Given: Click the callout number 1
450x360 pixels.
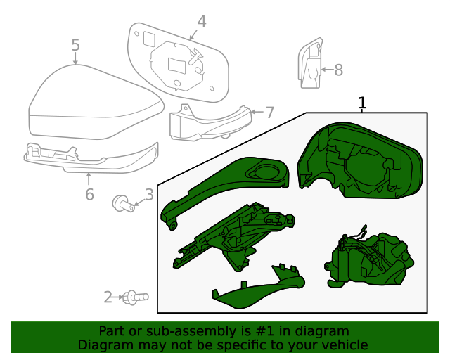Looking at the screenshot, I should (362, 103).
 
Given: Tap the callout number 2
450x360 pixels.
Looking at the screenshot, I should (108, 297).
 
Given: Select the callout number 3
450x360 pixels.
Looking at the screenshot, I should (149, 194).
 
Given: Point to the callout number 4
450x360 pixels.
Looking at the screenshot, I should (202, 21).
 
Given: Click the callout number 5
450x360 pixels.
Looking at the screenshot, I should (75, 46).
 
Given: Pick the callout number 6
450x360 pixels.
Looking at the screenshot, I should (89, 194).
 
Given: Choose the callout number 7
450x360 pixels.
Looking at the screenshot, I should (269, 112).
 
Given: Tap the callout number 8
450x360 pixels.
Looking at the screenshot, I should (338, 70).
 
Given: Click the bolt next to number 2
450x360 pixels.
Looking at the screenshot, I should (134, 297).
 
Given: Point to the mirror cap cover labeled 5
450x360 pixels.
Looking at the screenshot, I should (91, 105).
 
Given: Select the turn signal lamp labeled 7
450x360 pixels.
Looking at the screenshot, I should (207, 124).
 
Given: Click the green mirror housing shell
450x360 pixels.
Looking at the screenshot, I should (359, 162).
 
